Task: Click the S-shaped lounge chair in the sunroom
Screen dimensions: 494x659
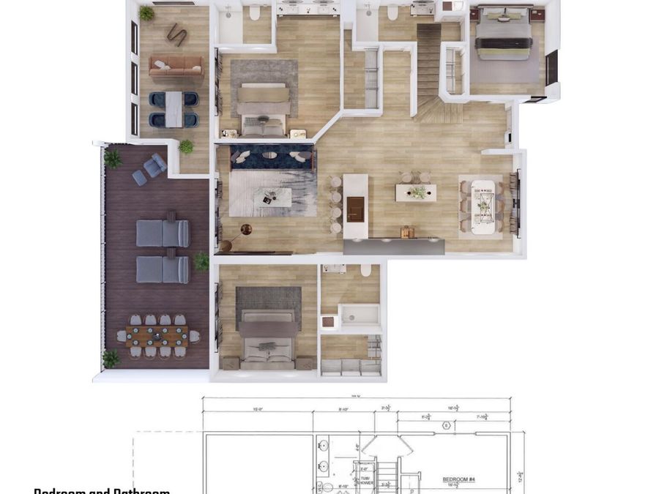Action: [x=176, y=34]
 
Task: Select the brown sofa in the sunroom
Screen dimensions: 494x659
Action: [x=176, y=67]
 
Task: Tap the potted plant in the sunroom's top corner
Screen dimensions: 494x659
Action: [x=146, y=13]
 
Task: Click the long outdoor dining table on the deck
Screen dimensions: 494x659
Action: [x=157, y=336]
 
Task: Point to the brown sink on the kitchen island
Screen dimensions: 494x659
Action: [x=355, y=209]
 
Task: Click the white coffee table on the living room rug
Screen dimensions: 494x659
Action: [x=271, y=196]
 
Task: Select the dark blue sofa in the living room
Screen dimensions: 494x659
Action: [x=272, y=156]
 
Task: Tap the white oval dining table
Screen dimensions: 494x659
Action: [x=483, y=206]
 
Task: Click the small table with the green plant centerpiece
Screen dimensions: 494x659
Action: [x=416, y=192]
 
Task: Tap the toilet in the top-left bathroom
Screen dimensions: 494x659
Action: [x=255, y=12]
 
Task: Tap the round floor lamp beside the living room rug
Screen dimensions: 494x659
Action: [x=246, y=230]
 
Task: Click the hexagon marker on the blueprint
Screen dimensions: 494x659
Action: [x=445, y=425]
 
